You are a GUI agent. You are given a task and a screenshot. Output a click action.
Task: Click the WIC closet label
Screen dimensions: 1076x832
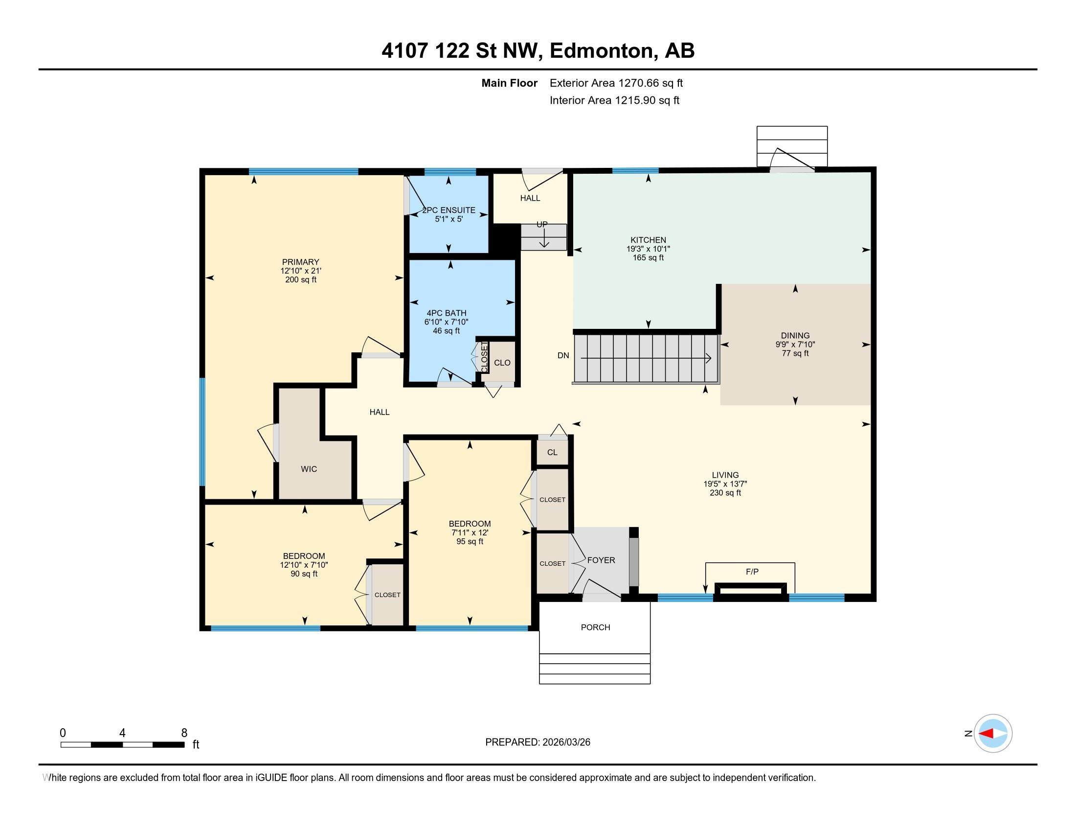(309, 469)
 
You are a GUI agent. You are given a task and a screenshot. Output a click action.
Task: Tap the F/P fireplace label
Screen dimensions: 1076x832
(752, 572)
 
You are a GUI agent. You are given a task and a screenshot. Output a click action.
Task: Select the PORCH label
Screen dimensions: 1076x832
(595, 627)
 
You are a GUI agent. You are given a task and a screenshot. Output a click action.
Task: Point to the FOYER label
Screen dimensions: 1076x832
(601, 560)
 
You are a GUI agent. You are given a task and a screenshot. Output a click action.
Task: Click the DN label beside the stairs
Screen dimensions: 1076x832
(563, 355)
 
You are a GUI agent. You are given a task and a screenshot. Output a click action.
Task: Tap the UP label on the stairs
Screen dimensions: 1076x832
(542, 224)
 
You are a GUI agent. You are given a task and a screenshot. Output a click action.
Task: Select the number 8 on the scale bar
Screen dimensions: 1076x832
(184, 733)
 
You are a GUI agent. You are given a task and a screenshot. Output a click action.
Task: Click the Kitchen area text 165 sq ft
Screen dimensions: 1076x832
(648, 257)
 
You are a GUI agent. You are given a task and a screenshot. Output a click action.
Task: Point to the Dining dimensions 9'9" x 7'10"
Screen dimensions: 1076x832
(795, 345)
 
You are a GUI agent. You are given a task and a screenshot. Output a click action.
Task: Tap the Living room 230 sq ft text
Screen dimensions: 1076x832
(725, 492)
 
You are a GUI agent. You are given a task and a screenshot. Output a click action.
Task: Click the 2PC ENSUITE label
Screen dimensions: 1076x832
(449, 210)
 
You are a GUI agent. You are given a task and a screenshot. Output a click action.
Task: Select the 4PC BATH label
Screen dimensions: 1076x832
(447, 313)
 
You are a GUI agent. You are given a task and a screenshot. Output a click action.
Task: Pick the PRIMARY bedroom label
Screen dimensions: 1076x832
(300, 262)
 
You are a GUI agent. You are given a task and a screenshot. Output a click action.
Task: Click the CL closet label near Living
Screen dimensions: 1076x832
(552, 452)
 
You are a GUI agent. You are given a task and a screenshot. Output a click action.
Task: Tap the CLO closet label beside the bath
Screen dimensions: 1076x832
(502, 363)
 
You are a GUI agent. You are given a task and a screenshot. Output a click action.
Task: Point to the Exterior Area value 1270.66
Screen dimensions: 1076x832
(637, 83)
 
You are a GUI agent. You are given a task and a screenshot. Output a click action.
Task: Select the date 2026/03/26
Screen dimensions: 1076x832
(566, 742)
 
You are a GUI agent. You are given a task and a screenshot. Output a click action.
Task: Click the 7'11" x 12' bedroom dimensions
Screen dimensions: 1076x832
(470, 532)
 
